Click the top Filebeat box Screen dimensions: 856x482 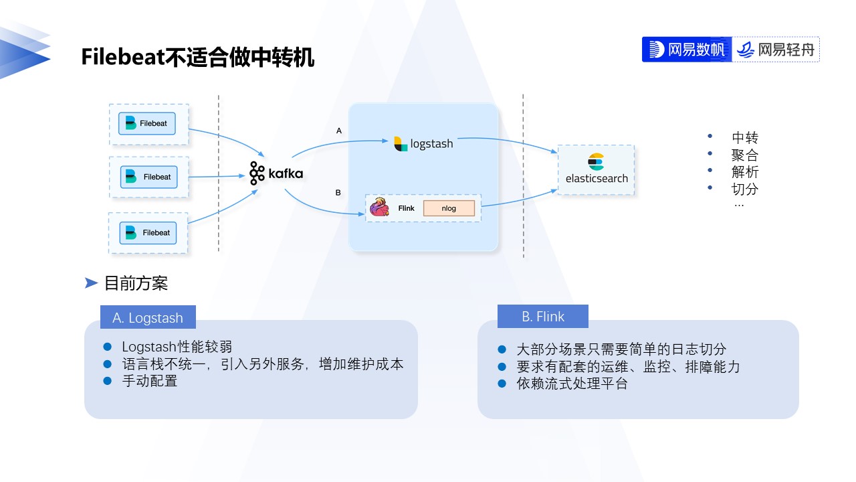[147, 124]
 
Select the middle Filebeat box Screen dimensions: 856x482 [149, 177]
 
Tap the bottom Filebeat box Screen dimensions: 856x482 [148, 233]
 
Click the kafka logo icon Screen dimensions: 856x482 [257, 173]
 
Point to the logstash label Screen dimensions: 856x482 [431, 144]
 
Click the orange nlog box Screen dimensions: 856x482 [449, 208]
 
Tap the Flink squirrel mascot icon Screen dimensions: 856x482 [379, 207]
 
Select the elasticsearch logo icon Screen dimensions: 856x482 [596, 162]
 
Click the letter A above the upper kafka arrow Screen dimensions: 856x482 [338, 131]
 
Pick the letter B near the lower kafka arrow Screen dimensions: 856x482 [338, 193]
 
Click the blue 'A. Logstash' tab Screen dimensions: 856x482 [148, 317]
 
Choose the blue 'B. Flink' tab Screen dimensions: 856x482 [542, 317]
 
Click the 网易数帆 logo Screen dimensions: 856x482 [687, 50]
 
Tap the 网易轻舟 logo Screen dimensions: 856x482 [776, 50]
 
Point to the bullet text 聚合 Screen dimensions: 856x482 [745, 155]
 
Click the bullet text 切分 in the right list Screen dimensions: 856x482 [745, 189]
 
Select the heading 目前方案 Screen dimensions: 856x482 [136, 283]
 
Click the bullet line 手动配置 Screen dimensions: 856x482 [150, 381]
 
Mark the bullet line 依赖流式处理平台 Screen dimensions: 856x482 [572, 384]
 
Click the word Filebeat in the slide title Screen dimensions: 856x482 [123, 57]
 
